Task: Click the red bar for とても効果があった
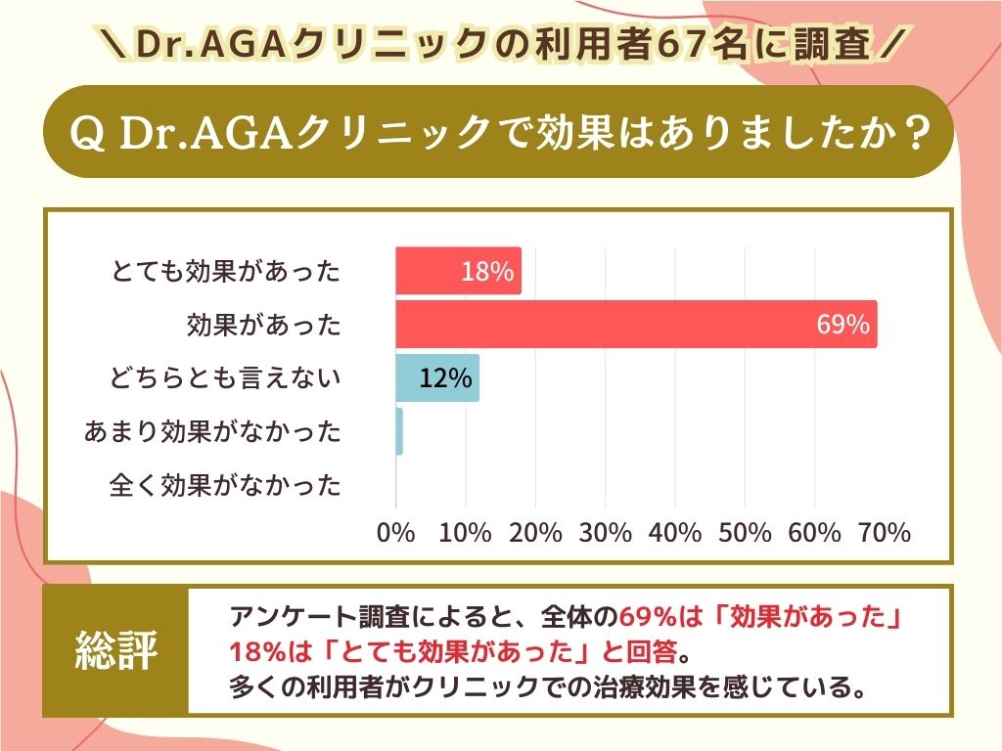458,271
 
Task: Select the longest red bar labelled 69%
636,325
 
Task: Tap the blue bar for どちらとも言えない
437,377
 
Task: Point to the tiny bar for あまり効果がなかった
399,431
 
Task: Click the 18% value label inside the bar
487,272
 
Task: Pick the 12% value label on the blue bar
445,377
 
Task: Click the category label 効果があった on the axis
264,325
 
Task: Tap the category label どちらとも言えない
225,377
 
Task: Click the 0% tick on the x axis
396,533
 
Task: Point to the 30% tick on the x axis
606,533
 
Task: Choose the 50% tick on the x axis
746,533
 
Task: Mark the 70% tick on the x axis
885,533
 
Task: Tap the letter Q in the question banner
89,133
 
